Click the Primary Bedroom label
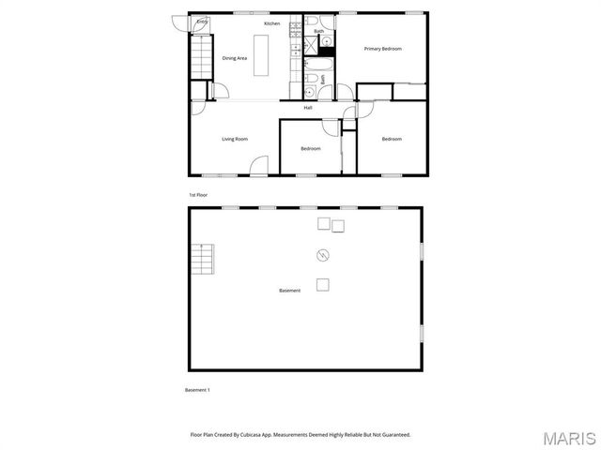click(382, 49)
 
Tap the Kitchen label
click(271, 23)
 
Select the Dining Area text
click(235, 58)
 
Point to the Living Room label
click(235, 139)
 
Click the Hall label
click(308, 108)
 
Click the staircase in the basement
click(203, 258)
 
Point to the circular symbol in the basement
click(322, 254)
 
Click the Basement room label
click(290, 291)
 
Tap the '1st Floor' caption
click(197, 195)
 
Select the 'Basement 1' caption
click(196, 390)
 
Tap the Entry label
click(202, 22)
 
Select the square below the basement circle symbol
click(322, 285)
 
